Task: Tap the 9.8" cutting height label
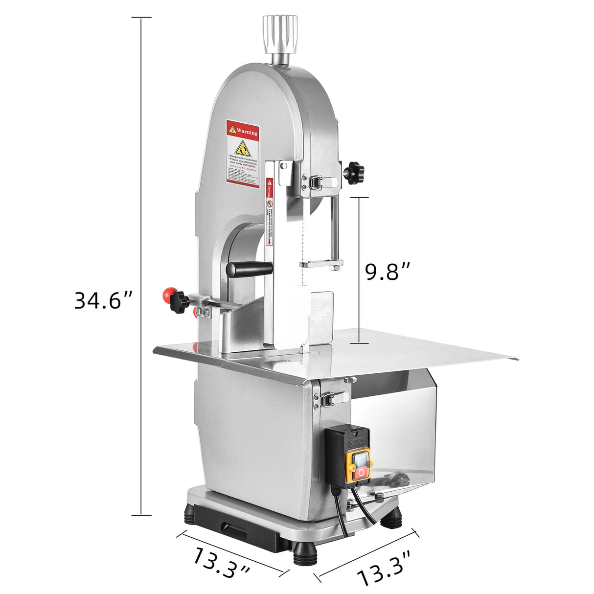click(388, 272)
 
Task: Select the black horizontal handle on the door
click(249, 269)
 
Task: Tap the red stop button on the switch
click(362, 472)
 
